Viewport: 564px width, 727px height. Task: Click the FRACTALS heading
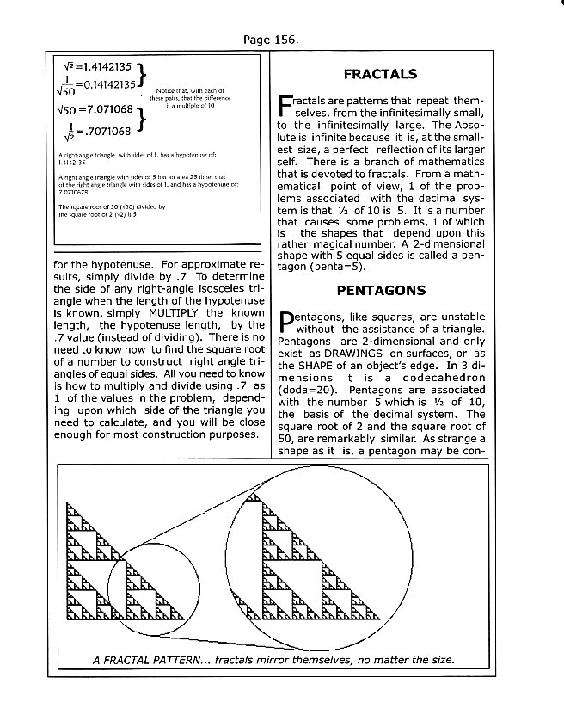380,75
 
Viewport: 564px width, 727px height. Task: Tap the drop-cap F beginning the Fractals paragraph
286,108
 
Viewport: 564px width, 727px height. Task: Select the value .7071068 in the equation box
103,131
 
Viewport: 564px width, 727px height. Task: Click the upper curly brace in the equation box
146,75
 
